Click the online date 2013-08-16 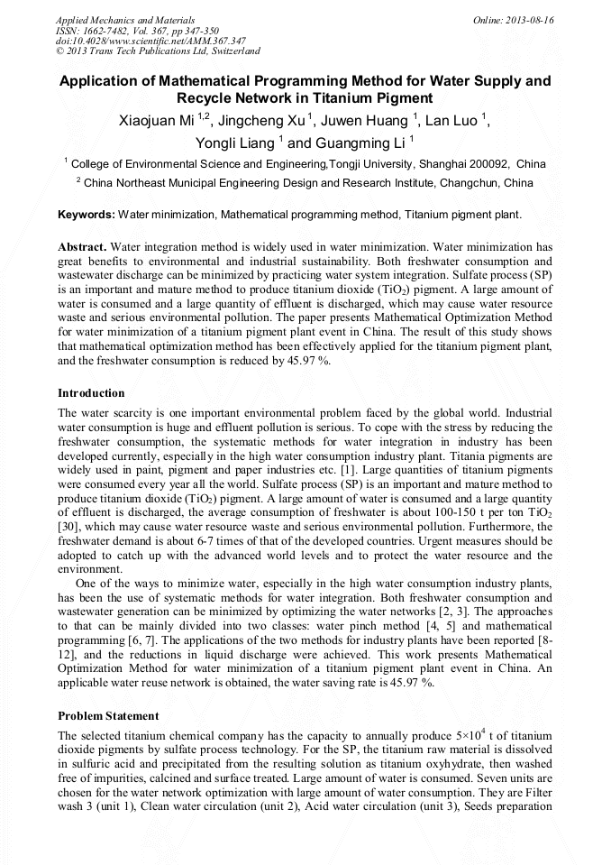(x=530, y=19)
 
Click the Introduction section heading (x=91, y=393)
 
